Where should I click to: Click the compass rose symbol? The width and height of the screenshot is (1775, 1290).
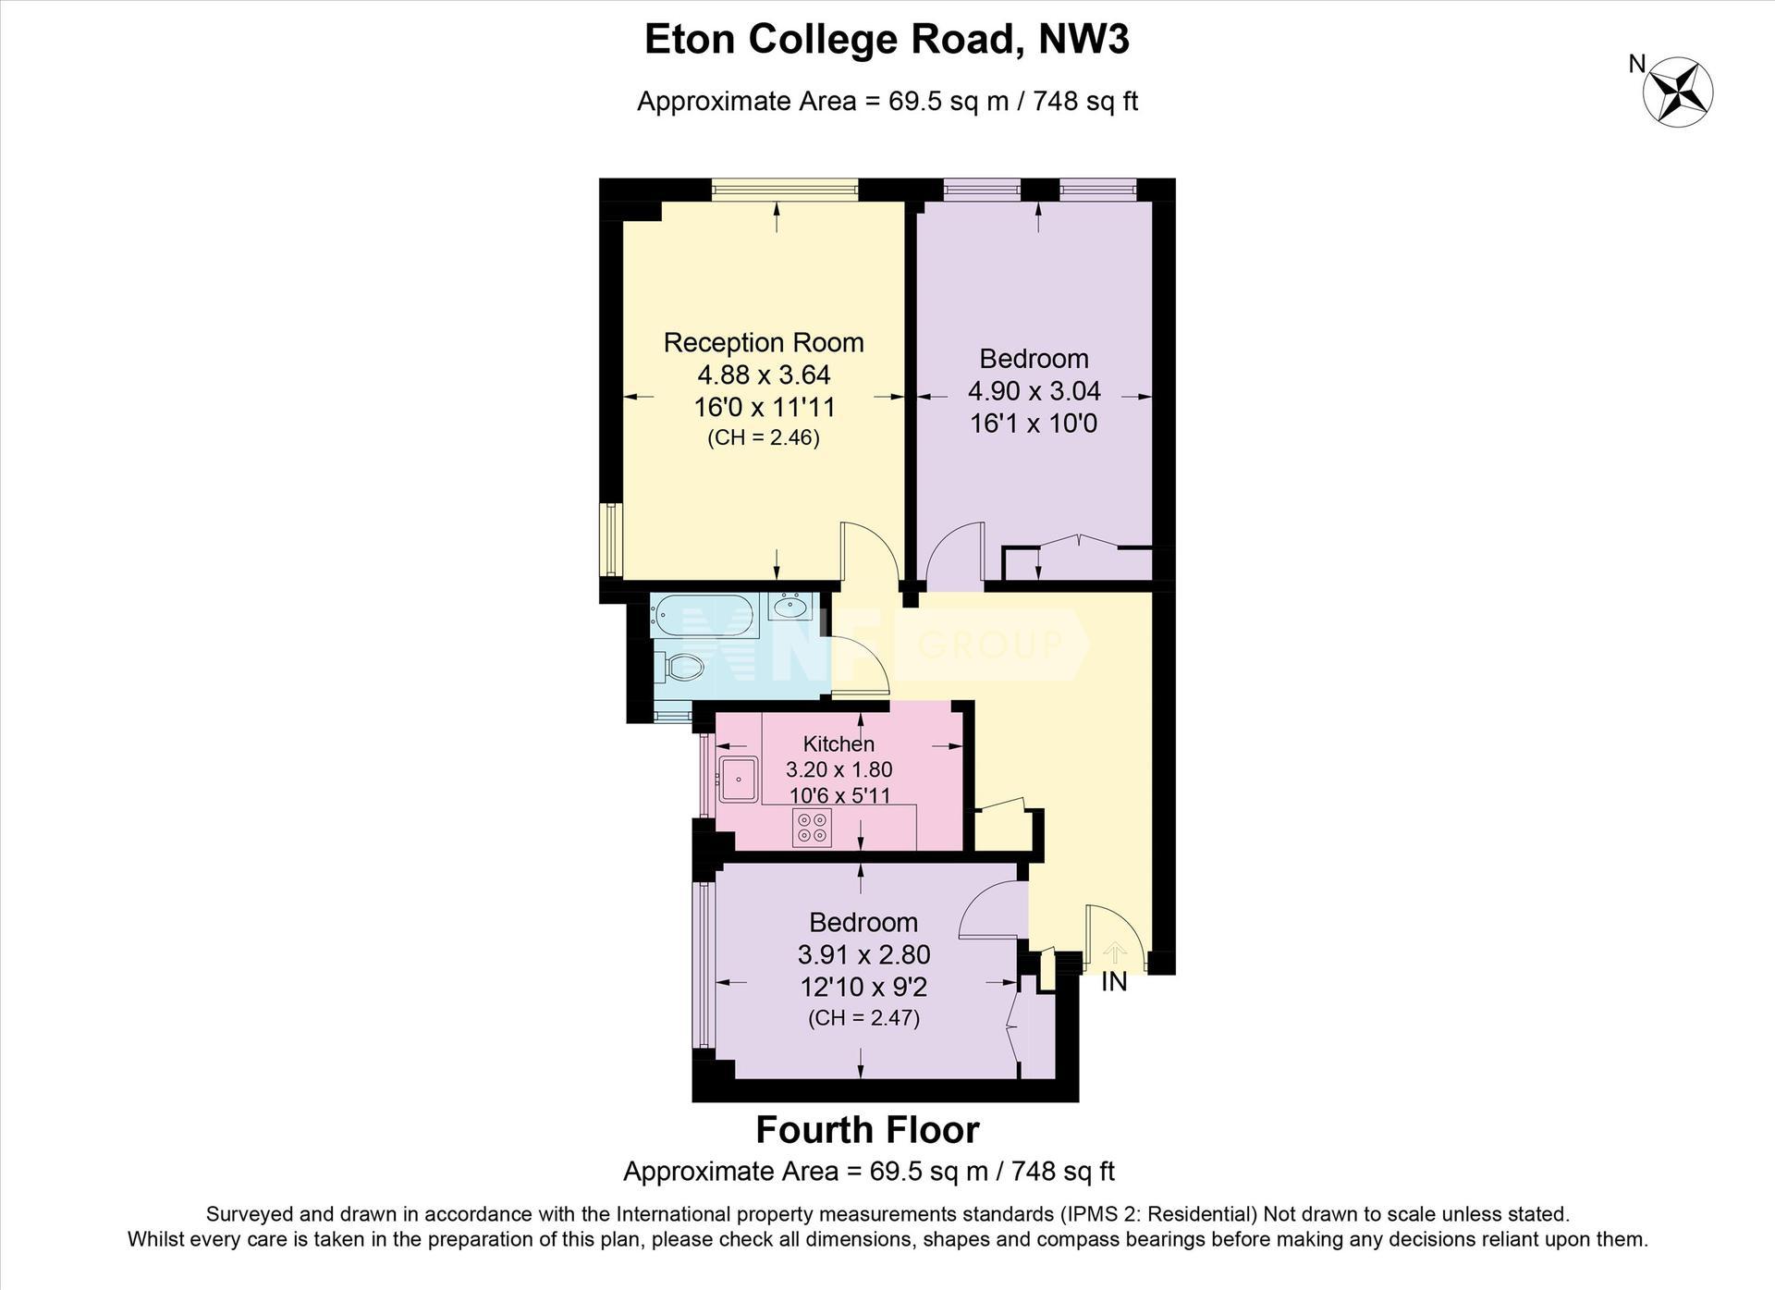[1677, 92]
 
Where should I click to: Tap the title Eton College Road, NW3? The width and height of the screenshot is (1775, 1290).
[887, 40]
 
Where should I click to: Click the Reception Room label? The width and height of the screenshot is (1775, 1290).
[764, 342]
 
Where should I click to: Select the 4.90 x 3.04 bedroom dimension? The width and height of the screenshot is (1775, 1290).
[1034, 391]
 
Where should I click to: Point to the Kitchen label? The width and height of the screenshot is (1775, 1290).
[839, 743]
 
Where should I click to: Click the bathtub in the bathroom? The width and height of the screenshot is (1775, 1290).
[707, 615]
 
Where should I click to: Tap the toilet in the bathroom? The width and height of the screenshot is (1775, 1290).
[679, 666]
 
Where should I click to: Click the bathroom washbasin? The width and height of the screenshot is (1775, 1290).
[790, 607]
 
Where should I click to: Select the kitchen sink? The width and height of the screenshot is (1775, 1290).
[739, 779]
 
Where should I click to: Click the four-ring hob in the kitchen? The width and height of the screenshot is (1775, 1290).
[812, 827]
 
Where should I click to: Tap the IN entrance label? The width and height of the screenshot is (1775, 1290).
[1114, 982]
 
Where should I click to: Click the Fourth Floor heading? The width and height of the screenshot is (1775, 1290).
[867, 1129]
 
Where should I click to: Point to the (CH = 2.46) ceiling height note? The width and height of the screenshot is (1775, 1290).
[764, 437]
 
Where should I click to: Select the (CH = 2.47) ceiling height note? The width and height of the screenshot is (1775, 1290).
[863, 1018]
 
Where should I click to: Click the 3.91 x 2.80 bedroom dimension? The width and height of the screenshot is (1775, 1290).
[863, 954]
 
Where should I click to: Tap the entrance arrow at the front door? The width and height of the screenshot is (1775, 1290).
[1115, 953]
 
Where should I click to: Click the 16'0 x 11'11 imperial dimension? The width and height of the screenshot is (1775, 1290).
[765, 407]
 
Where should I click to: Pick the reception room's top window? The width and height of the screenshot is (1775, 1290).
[785, 190]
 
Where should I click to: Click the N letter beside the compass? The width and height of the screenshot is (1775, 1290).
[1637, 64]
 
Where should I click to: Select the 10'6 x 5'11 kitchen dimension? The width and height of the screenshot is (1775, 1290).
[839, 795]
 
